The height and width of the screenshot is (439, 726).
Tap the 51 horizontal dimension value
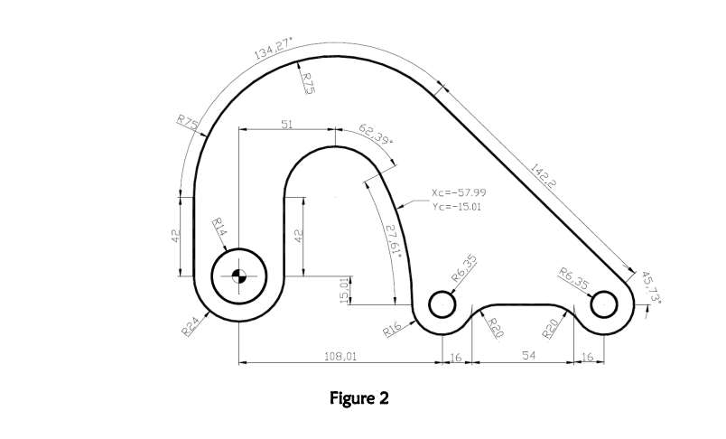(286, 124)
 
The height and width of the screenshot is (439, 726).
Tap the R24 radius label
(191, 326)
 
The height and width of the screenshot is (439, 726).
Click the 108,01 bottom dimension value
(340, 358)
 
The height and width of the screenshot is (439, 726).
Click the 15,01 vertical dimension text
(343, 292)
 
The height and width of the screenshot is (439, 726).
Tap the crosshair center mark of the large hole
(238, 276)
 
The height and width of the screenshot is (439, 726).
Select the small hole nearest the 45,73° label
(603, 305)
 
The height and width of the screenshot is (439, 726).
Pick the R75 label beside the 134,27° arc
(307, 84)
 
